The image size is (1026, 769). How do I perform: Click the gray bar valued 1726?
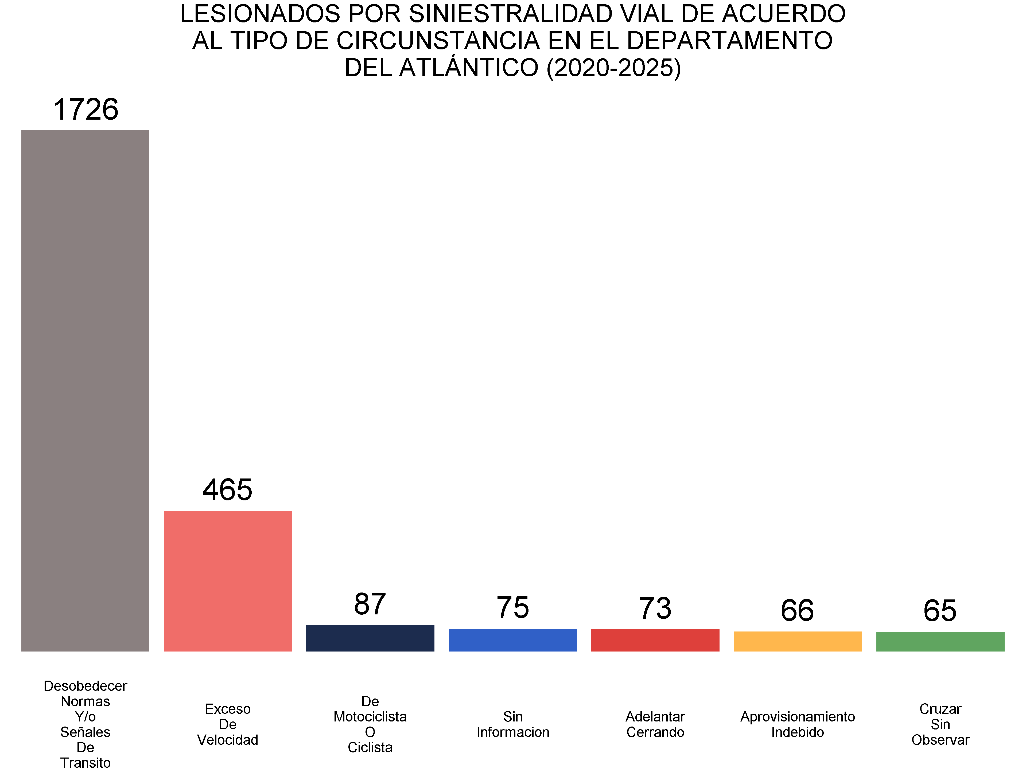(85, 390)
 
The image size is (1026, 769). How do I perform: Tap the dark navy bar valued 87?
(370, 638)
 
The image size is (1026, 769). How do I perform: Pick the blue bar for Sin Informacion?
(512, 640)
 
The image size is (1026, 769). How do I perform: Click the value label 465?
(227, 490)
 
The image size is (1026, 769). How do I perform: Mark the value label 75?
(512, 608)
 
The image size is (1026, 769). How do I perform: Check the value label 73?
(655, 609)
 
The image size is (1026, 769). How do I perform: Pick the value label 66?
(797, 610)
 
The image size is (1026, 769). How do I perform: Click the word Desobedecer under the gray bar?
(85, 686)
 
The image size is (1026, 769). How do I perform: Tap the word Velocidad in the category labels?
(228, 740)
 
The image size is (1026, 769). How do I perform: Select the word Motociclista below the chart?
(370, 717)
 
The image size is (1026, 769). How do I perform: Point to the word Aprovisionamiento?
(797, 717)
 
